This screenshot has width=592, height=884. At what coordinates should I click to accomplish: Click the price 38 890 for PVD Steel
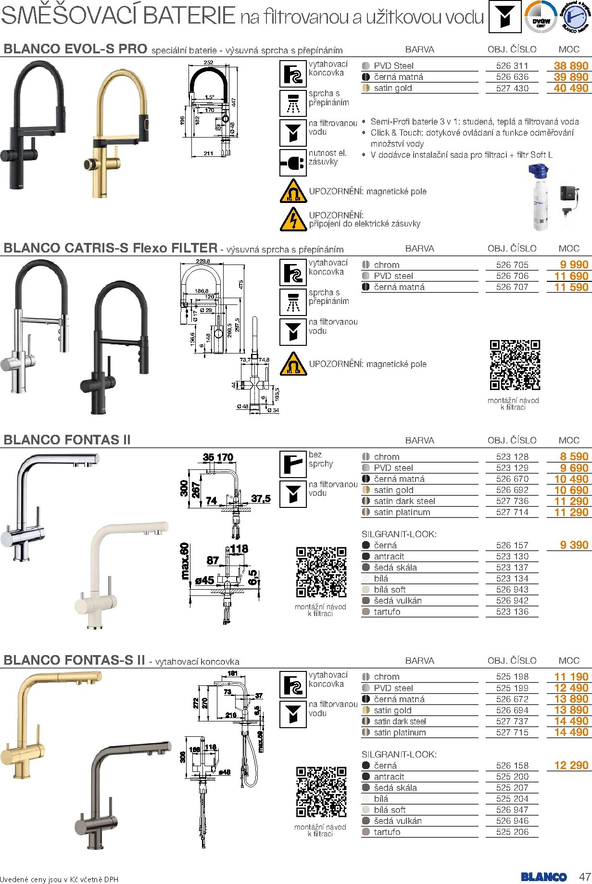coord(571,66)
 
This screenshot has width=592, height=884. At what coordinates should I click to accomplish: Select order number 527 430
coord(512,88)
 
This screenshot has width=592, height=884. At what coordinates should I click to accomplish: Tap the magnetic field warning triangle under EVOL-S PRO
coord(293,191)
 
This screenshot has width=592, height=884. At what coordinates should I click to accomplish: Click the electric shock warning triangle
coord(293,219)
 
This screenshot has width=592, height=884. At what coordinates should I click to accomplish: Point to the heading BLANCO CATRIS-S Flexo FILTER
coord(111,248)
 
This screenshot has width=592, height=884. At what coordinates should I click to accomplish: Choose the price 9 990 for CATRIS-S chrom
coord(574,265)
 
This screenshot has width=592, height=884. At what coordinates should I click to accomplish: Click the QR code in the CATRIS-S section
coord(515,365)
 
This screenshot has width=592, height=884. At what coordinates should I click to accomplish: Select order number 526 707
coord(512,287)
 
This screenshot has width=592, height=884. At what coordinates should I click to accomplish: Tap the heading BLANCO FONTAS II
coord(67,440)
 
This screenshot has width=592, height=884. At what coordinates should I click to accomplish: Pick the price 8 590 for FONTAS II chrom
coord(574,457)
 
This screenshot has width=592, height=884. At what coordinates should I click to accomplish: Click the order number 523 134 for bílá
coord(512,579)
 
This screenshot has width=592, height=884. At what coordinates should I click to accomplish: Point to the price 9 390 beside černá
coord(574,545)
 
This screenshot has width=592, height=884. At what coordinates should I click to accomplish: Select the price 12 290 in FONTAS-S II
coord(571,765)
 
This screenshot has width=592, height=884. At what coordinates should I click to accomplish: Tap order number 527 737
coord(512,721)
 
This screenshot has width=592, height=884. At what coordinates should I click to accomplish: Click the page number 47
coord(584,876)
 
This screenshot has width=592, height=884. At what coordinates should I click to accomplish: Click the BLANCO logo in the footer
coord(543,877)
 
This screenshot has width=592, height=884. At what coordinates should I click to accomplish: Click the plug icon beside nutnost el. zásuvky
coord(293,163)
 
